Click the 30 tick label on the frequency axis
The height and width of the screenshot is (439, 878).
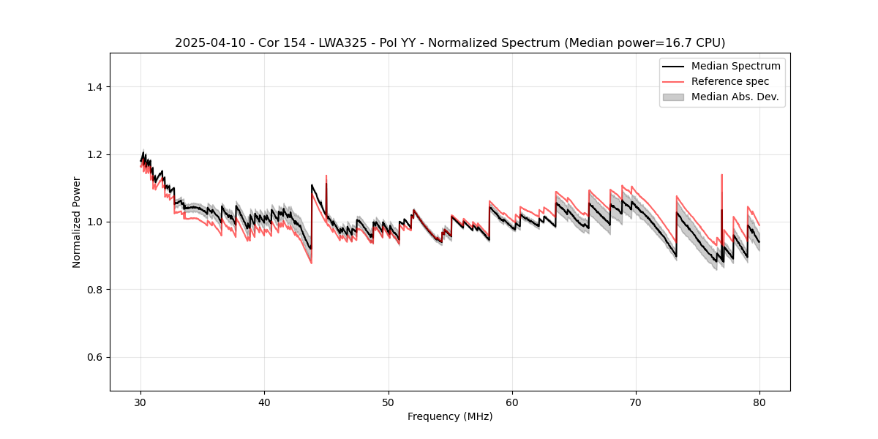[140, 402]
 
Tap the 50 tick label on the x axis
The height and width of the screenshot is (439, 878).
[389, 402]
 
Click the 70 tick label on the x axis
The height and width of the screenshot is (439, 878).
[636, 402]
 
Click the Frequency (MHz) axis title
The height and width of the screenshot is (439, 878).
[450, 417]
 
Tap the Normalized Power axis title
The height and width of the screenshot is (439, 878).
[77, 222]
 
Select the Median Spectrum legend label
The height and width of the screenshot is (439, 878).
[735, 66]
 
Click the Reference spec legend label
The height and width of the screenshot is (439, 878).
[730, 81]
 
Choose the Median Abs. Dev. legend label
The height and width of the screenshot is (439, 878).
[735, 97]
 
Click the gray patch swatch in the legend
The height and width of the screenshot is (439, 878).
[673, 97]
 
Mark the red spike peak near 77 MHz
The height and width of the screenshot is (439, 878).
[722, 175]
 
